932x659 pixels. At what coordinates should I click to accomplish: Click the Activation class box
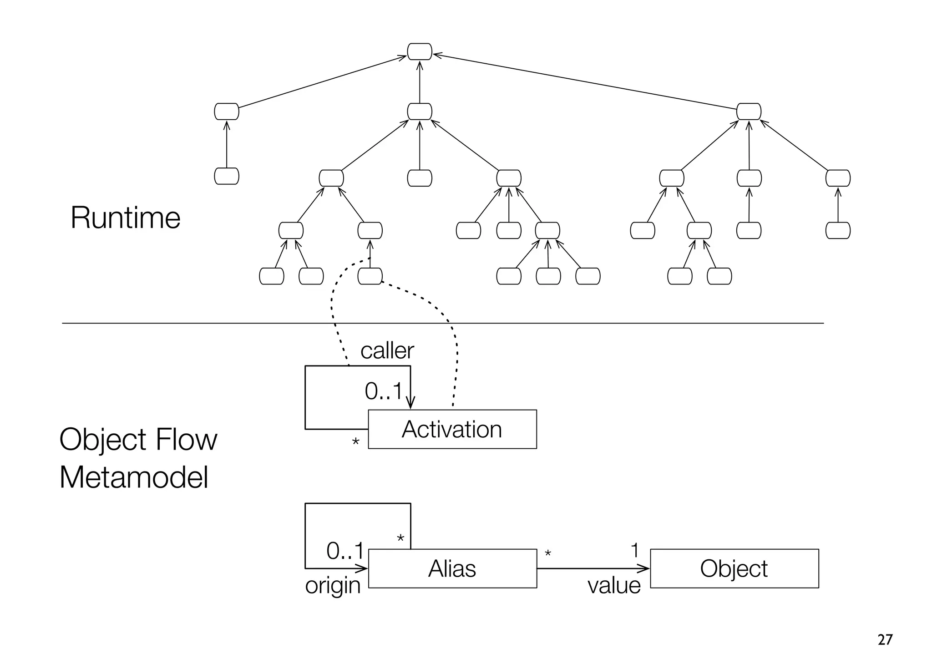452,429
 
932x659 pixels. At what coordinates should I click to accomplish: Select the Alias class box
452,568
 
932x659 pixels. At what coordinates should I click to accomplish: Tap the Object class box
734,568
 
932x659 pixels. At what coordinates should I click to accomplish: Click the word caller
387,351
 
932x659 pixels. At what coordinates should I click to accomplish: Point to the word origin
333,586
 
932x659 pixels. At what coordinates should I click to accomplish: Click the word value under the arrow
614,586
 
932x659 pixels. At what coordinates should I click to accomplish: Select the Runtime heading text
125,218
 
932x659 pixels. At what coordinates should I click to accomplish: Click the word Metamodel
134,478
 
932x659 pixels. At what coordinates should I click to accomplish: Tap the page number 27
885,640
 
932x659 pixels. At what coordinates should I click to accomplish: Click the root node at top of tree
419,51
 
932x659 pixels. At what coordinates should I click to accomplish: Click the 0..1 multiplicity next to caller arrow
384,391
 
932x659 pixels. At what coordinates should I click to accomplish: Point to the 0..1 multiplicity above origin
345,552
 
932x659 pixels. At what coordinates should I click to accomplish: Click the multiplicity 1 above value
635,551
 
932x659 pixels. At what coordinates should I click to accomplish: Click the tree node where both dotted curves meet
370,276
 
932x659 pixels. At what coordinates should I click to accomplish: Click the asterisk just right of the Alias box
548,554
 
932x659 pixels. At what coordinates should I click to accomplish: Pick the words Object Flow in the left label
138,440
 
